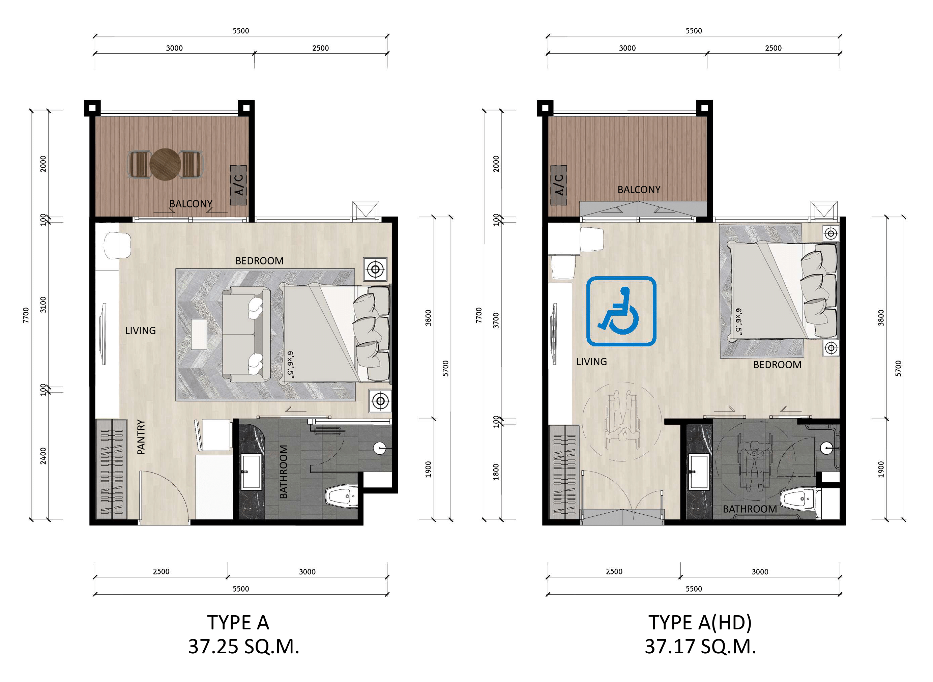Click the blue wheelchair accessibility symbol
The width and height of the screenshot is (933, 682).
pyautogui.click(x=621, y=311)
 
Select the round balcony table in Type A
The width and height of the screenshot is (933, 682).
pyautogui.click(x=165, y=165)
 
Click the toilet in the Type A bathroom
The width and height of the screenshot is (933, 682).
pyautogui.click(x=341, y=496)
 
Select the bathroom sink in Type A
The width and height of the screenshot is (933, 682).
pyautogui.click(x=251, y=472)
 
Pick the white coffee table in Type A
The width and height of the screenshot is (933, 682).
pyautogui.click(x=199, y=334)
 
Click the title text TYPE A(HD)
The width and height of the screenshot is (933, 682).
pyautogui.click(x=700, y=623)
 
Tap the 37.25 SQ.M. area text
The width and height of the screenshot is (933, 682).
pyautogui.click(x=243, y=647)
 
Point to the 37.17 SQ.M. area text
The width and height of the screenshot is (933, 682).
pyautogui.click(x=700, y=647)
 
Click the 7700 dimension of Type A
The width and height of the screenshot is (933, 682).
pyautogui.click(x=26, y=315)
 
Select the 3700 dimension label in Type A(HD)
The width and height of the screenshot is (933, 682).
pyautogui.click(x=496, y=321)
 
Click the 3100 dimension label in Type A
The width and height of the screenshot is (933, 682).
pyautogui.click(x=43, y=305)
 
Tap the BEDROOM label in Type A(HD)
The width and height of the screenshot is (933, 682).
pyautogui.click(x=778, y=365)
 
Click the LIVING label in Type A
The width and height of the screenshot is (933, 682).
pyautogui.click(x=141, y=331)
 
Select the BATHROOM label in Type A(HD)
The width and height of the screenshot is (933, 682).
pyautogui.click(x=750, y=509)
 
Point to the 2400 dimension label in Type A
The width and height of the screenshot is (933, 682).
pyautogui.click(x=43, y=456)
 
